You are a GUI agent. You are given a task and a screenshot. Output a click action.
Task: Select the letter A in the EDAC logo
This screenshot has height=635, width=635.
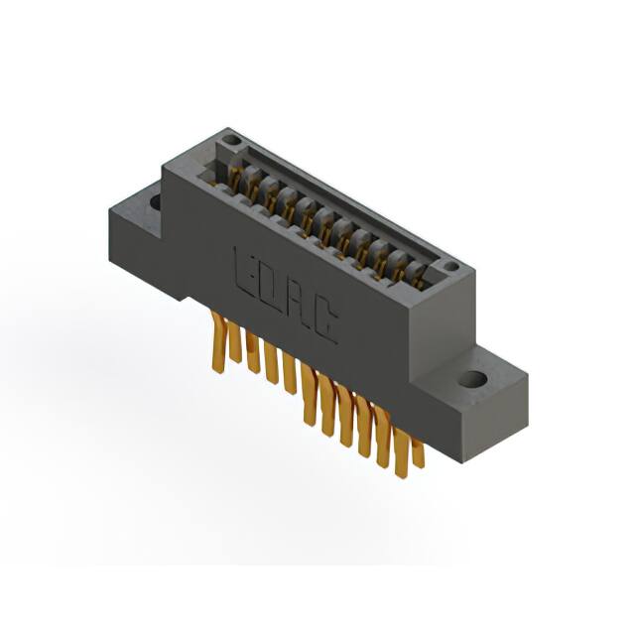pos(297,304)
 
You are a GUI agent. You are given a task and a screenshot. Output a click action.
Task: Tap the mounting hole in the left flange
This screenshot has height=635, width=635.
pos(156,202)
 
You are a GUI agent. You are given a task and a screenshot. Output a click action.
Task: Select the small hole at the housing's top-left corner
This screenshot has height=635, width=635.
pos(231,141)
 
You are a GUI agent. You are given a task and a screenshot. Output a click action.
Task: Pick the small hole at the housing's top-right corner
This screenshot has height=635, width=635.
pos(449,266)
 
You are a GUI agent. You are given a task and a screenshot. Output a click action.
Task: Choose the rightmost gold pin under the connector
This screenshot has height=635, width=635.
pos(418,451)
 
